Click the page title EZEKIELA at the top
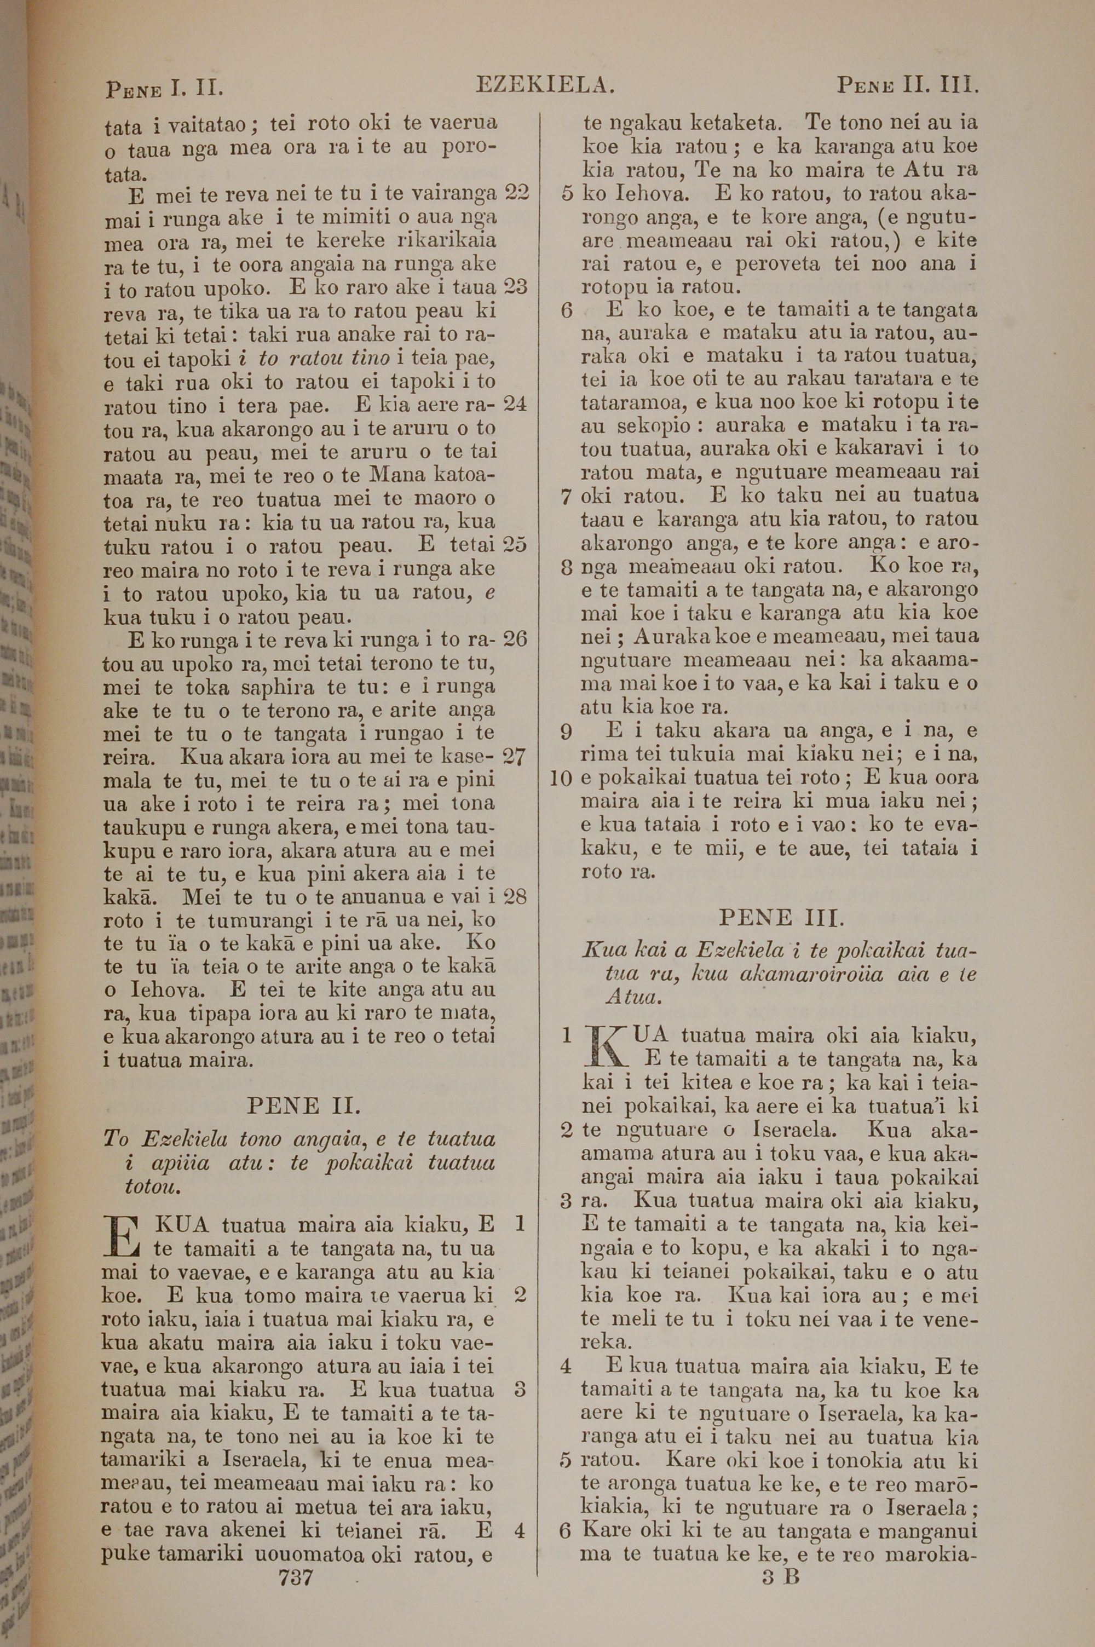coord(545,85)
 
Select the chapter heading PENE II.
coord(303,1107)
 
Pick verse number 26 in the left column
coord(515,639)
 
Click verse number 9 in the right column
coord(566,732)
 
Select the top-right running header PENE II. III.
coord(907,86)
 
